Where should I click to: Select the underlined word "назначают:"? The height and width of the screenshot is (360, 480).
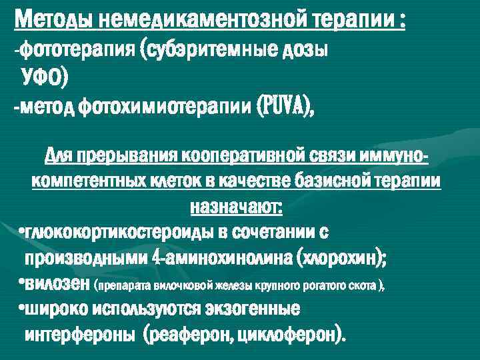click(x=237, y=207)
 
